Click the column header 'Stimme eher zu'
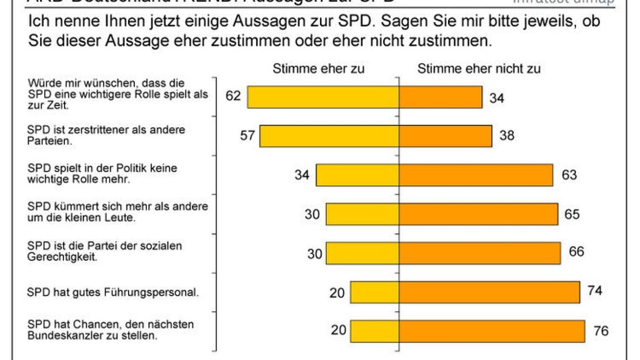click(x=318, y=69)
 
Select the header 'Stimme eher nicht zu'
click(x=478, y=69)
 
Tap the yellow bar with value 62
click(x=323, y=97)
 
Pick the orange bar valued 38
click(x=445, y=136)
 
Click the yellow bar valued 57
click(x=330, y=136)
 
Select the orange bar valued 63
click(x=476, y=175)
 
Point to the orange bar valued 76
click(x=492, y=331)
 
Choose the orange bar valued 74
click(x=489, y=292)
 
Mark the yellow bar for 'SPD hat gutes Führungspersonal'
click(x=374, y=292)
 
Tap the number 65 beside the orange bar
click(x=572, y=214)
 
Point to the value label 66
click(x=576, y=252)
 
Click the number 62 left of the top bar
click(x=233, y=96)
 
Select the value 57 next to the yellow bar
click(x=247, y=135)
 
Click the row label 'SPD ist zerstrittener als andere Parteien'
click(x=106, y=135)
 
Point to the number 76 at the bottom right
click(x=601, y=331)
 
